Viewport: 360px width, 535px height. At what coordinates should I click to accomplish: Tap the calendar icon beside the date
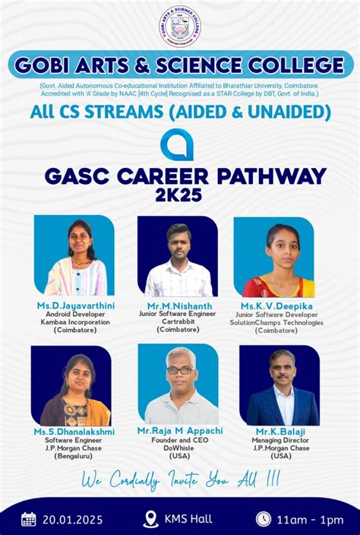click(x=29, y=519)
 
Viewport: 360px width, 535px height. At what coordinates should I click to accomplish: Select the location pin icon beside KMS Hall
click(x=150, y=519)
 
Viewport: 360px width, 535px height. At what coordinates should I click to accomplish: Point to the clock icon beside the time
click(x=264, y=519)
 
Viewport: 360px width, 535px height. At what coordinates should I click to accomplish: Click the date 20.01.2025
click(x=73, y=520)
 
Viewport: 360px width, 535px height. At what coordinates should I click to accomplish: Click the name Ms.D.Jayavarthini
click(x=75, y=305)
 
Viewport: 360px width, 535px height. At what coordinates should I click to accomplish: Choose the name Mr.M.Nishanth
click(x=178, y=305)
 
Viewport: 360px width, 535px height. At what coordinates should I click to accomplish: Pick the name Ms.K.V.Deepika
click(x=276, y=305)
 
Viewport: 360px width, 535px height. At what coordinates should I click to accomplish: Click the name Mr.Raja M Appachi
click(x=180, y=431)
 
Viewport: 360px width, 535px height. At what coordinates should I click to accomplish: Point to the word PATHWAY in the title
click(x=271, y=176)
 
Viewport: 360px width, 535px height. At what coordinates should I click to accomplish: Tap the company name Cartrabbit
click(x=178, y=321)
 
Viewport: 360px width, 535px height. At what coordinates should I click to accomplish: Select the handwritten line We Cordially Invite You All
click(x=179, y=481)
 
